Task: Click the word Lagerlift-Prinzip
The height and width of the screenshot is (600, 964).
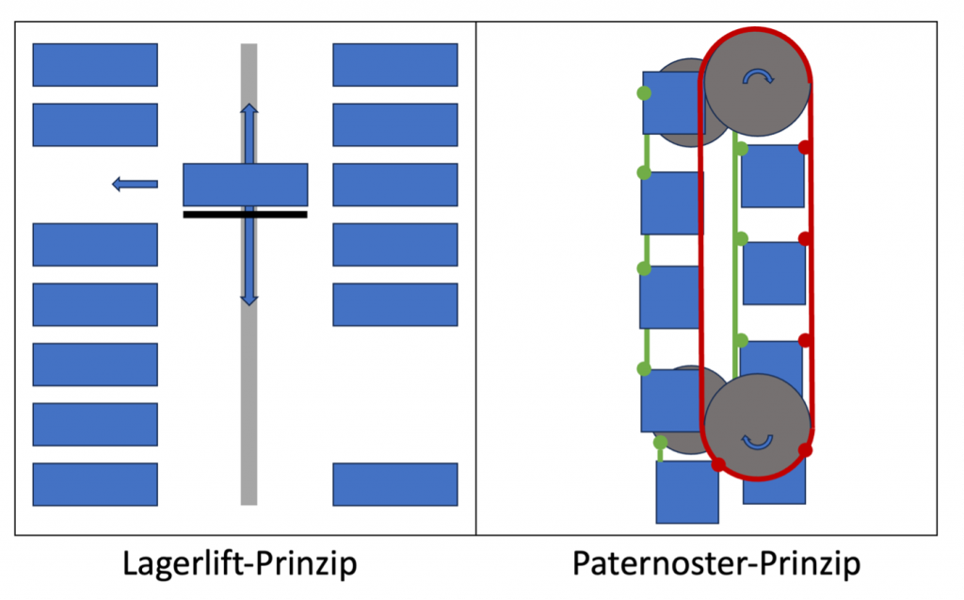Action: tap(240, 564)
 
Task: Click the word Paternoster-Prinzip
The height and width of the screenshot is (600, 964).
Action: tap(715, 564)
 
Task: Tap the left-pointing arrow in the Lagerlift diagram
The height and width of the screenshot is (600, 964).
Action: tap(135, 185)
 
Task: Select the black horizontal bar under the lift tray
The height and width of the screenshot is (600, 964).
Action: tap(245, 215)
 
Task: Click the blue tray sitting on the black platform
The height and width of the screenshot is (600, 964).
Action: tap(245, 185)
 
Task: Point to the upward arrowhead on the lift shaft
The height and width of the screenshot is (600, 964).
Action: tap(249, 110)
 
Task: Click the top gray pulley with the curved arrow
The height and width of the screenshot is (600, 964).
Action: tap(757, 81)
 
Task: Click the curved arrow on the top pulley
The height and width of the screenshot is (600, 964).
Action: tap(757, 77)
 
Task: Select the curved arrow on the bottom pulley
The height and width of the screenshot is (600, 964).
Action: tap(757, 440)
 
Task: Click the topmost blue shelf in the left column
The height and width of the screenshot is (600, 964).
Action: tap(95, 64)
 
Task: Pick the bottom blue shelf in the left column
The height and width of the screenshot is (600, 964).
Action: tap(95, 484)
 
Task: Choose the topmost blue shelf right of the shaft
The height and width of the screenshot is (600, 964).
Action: tap(395, 64)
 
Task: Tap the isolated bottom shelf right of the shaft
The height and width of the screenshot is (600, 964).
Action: tap(395, 484)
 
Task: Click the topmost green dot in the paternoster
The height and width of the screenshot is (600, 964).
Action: tap(644, 93)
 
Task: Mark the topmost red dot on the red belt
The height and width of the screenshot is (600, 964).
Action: tap(805, 148)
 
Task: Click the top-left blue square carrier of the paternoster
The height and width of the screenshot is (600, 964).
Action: tap(673, 102)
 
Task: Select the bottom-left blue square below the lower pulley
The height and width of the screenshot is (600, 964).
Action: tap(687, 492)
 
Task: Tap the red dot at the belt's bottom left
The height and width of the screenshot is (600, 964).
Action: tap(718, 464)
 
